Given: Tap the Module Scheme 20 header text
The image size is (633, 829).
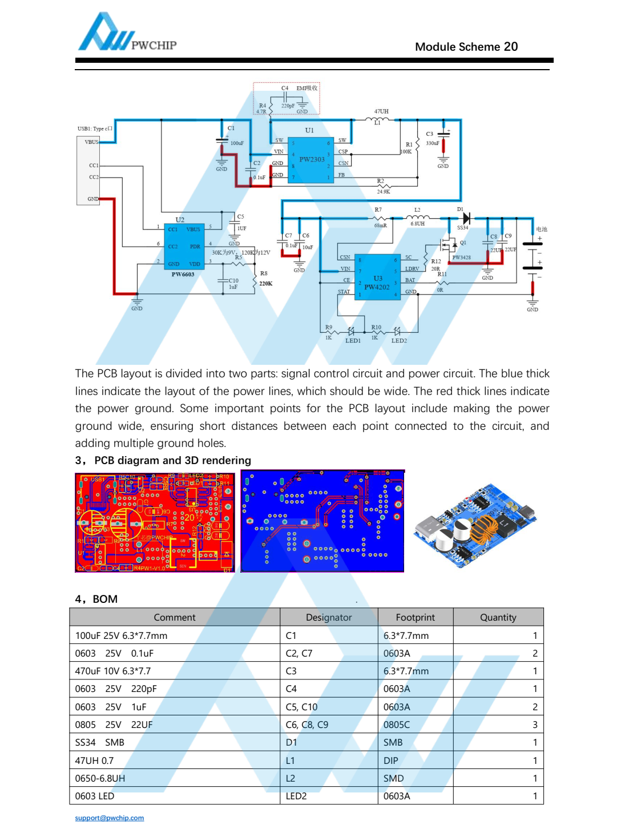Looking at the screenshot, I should tap(466, 47).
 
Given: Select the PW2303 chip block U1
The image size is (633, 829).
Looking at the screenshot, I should tap(311, 160).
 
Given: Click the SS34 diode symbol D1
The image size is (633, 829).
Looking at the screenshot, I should tap(466, 218).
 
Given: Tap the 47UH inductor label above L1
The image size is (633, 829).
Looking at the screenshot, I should tap(381, 111).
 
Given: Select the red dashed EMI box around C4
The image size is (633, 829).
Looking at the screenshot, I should tap(287, 98).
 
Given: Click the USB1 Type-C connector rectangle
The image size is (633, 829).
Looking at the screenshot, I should tap(88, 170).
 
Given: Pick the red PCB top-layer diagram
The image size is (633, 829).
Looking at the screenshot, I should tap(155, 522).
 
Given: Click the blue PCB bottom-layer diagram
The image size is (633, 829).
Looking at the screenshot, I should tap(322, 521).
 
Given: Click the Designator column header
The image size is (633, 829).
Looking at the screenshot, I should tap(329, 617).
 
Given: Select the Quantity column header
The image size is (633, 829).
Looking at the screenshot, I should tap(498, 617).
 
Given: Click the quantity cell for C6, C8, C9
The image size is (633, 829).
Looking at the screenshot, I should tap(535, 725).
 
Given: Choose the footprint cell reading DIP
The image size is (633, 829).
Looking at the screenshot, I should tap(391, 760).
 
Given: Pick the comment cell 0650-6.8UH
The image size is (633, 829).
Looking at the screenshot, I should tap(100, 778).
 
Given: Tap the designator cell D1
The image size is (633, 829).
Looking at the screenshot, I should tap(292, 742).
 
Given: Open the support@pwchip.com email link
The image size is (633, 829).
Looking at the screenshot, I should tap(110, 818).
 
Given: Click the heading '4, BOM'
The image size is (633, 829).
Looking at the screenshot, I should tap(96, 599).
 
